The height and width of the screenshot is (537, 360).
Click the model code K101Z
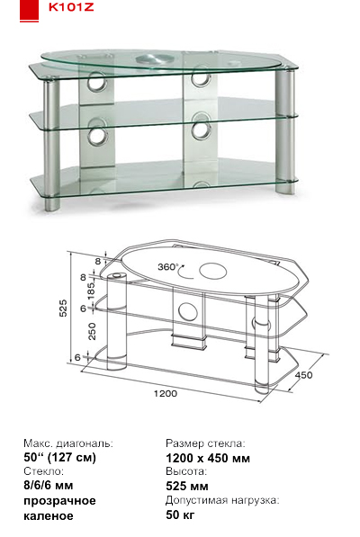point(71,7)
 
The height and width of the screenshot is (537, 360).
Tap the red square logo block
point(29,10)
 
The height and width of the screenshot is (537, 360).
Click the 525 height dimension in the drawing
point(64,308)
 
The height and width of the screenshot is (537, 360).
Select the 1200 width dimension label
point(166,393)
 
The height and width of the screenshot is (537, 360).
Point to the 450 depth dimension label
point(304,375)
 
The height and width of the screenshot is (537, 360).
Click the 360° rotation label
point(168,266)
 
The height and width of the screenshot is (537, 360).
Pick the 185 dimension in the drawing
point(92,291)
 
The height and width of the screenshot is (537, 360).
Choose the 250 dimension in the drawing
point(93,331)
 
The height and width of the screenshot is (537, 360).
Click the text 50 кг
point(180,514)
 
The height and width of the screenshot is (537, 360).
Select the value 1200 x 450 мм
point(208,458)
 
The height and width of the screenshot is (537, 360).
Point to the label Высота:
point(186,471)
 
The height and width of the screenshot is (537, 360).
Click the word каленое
point(49,515)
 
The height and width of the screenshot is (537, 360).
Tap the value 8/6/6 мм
point(49,486)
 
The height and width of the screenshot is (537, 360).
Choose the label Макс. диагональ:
point(68,443)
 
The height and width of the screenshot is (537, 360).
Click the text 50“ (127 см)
point(60,457)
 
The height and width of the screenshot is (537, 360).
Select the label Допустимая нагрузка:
point(222,500)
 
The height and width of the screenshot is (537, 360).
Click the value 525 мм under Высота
point(187,486)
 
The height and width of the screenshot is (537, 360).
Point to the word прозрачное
point(59,501)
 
